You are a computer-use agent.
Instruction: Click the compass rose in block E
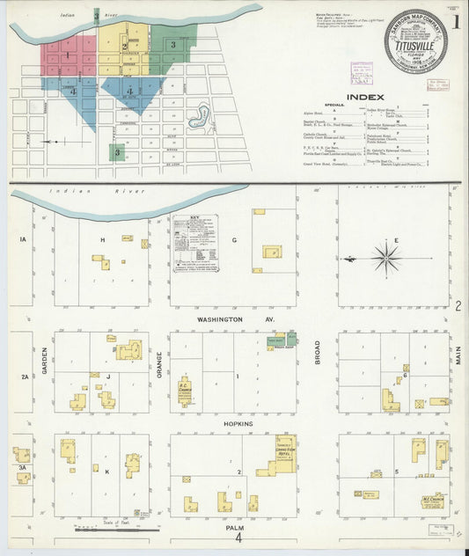(x=385, y=259)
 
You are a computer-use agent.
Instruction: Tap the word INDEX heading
(x=365, y=97)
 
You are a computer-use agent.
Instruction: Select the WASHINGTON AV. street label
(x=224, y=318)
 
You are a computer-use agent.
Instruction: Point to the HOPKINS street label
(x=237, y=423)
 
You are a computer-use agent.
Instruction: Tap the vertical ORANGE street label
(x=160, y=362)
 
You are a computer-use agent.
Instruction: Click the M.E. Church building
(x=431, y=499)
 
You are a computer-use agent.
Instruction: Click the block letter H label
(x=103, y=239)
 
